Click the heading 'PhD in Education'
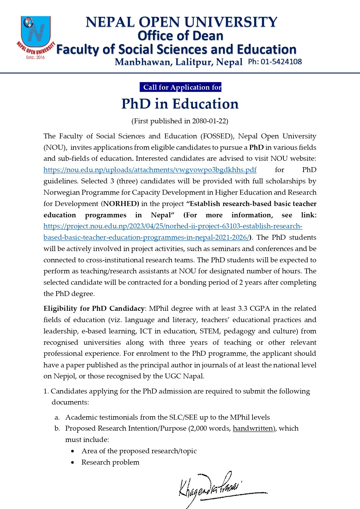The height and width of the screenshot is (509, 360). pos(180,104)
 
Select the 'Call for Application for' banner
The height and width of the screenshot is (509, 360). pos(180,87)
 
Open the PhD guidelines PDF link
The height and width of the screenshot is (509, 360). pos(150,170)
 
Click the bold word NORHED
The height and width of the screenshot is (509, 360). pos(121,204)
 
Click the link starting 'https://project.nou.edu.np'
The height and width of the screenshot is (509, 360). pos(173,226)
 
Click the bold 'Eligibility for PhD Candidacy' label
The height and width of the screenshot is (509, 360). pos(94,308)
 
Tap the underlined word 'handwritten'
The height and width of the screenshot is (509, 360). pos(253,429)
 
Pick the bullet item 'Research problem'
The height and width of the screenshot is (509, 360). pos(110,462)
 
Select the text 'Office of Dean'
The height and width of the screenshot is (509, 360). pos(180,36)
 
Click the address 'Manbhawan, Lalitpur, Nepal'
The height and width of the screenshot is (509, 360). pos(178,62)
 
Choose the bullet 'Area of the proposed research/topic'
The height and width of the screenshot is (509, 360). pos(139,451)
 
